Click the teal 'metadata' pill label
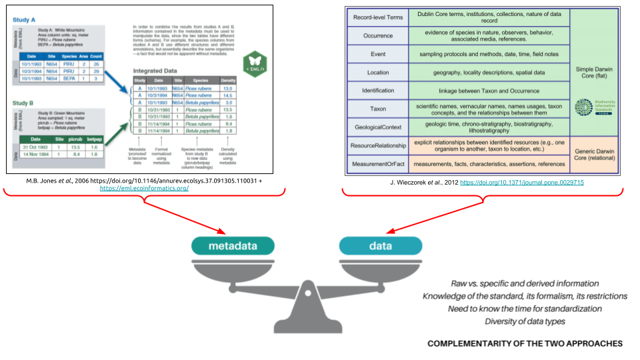(x=233, y=246)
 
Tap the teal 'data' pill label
(x=381, y=246)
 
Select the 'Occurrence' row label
(x=377, y=35)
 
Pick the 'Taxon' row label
(x=377, y=109)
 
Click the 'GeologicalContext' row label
(x=377, y=127)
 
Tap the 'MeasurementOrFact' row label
(x=377, y=163)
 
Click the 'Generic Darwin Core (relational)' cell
(x=603, y=155)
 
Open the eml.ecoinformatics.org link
(x=144, y=189)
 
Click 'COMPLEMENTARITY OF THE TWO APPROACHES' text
(x=525, y=343)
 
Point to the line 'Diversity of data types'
(x=526, y=322)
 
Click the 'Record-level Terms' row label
(x=377, y=16)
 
